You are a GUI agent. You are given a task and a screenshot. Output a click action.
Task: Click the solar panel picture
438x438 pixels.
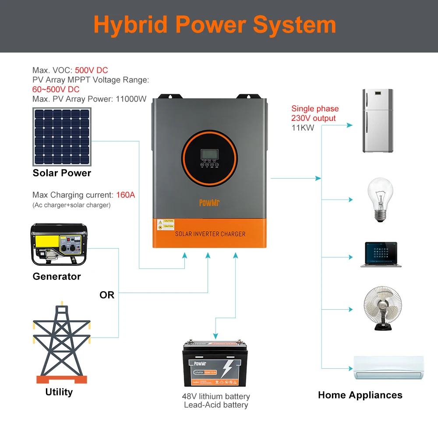62,137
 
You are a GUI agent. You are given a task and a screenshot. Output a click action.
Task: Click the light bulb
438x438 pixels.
379,200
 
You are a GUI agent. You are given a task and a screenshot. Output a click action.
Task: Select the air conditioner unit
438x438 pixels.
389,367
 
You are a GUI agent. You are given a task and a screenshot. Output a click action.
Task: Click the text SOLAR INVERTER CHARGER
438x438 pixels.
210,234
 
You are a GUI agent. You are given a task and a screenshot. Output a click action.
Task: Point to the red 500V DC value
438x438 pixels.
91,70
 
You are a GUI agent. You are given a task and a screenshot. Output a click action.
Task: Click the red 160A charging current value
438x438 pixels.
126,195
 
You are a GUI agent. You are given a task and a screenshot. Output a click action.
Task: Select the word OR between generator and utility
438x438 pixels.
107,295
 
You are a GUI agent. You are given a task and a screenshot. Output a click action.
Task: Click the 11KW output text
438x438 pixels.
303,128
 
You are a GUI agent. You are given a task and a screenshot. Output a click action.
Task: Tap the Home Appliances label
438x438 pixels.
360,395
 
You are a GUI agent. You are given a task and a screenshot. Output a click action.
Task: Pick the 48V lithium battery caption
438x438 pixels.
216,396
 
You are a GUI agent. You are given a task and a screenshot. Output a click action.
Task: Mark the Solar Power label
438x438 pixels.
62,173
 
